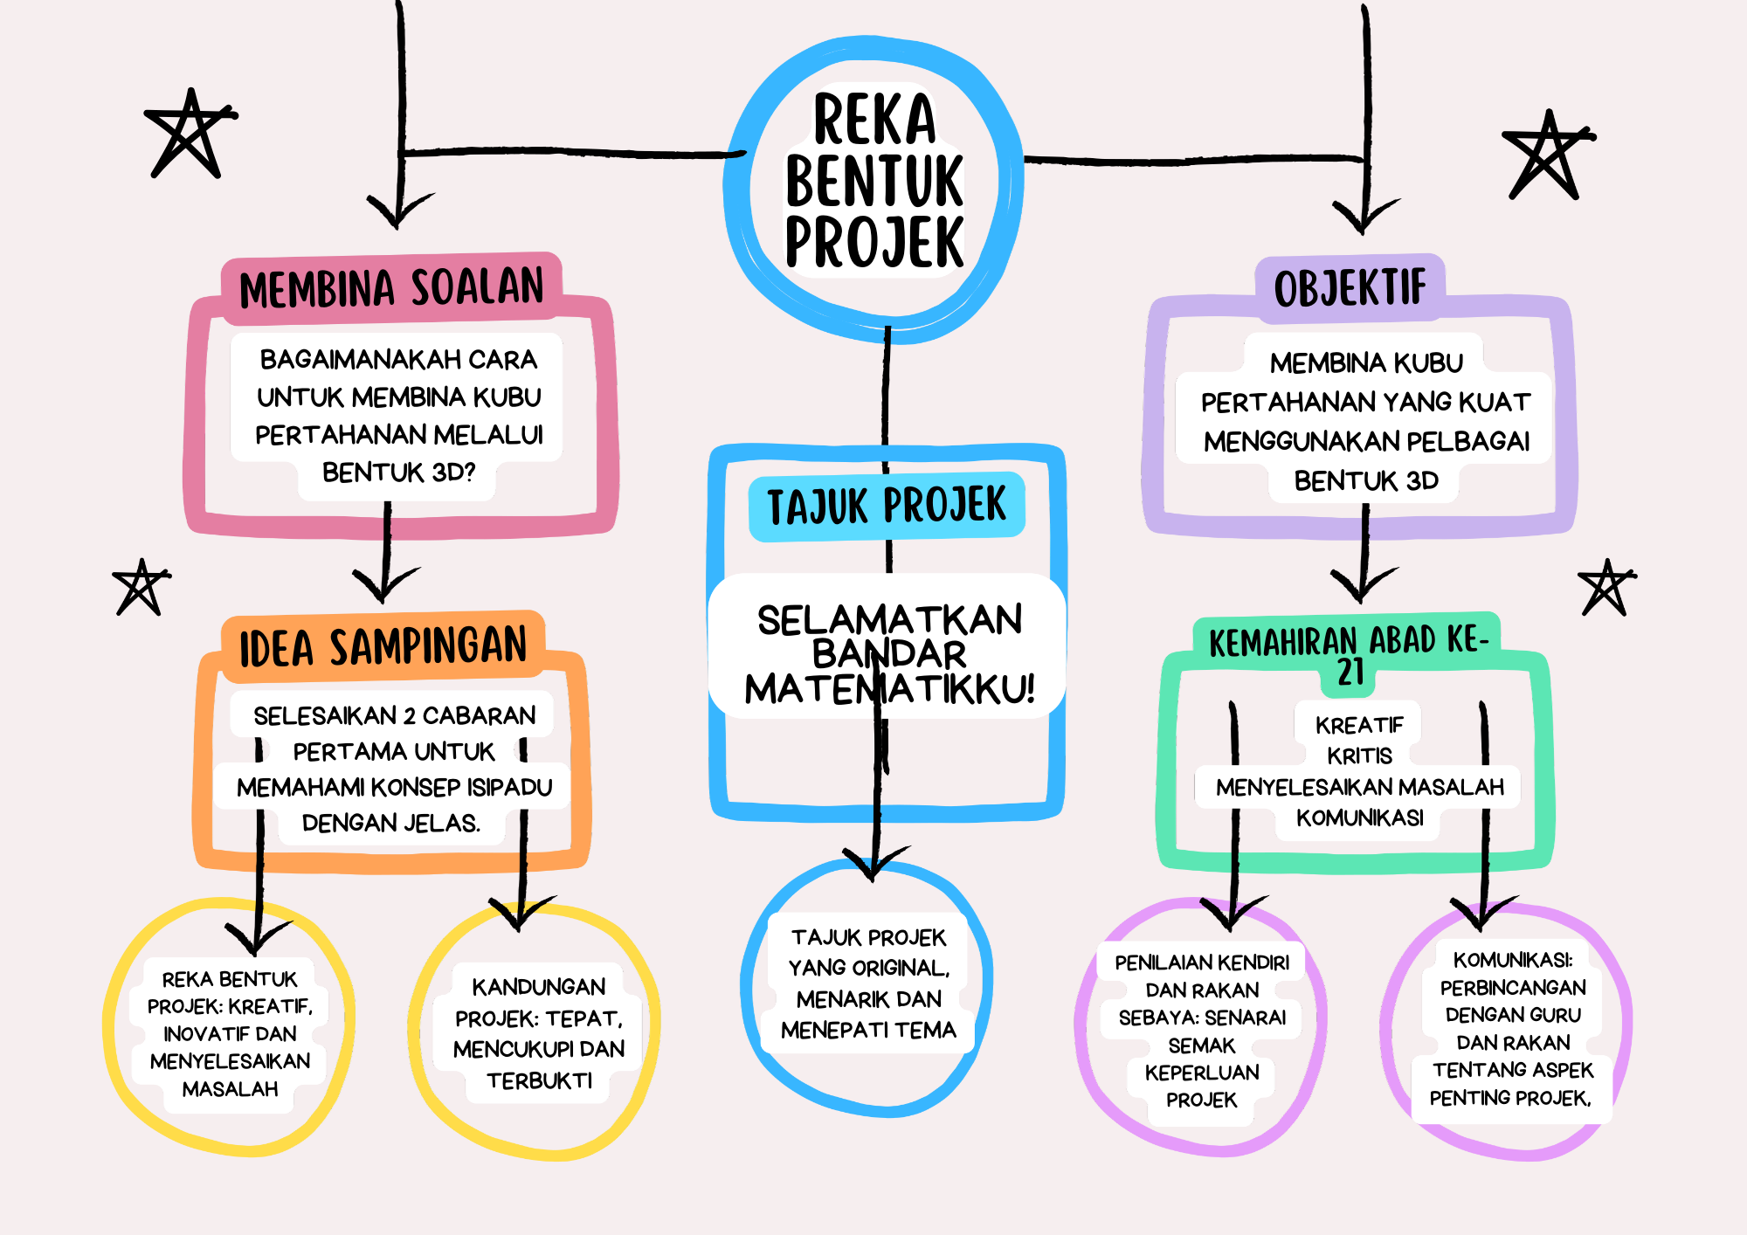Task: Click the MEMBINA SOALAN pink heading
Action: point(391,288)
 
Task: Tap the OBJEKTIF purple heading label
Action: point(1350,288)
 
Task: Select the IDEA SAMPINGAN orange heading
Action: point(383,647)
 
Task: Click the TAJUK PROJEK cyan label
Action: point(887,507)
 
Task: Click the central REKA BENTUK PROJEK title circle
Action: point(873,182)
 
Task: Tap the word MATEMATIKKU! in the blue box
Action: point(889,690)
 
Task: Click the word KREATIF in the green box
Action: point(1359,725)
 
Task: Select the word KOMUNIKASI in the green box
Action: point(1359,818)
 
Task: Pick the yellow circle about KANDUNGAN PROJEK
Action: point(539,1033)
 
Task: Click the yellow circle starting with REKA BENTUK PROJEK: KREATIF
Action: point(231,1033)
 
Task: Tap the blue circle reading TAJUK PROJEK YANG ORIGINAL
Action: point(868,984)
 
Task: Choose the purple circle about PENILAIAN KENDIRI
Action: point(1202,1031)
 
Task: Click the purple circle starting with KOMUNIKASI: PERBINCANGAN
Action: point(1512,1029)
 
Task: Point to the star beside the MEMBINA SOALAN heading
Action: point(189,133)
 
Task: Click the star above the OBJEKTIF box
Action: point(1547,155)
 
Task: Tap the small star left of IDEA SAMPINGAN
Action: point(140,587)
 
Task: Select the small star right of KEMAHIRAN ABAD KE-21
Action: point(1606,588)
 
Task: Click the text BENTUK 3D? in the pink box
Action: point(398,473)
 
